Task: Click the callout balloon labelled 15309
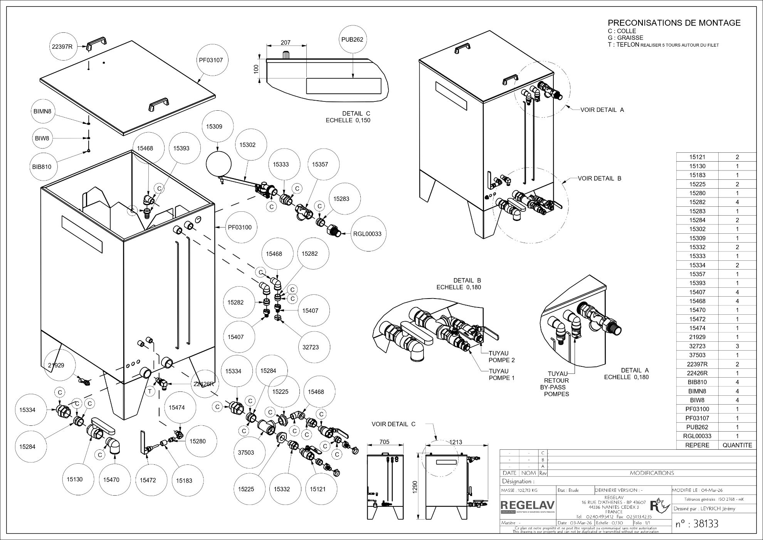click(x=214, y=127)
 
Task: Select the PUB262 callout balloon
click(x=352, y=39)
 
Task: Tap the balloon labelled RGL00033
click(x=367, y=234)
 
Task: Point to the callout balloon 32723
click(x=311, y=347)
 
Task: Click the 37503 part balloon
click(x=245, y=452)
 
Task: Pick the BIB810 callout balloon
click(x=42, y=167)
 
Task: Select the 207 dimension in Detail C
click(x=286, y=43)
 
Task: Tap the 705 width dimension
click(x=384, y=442)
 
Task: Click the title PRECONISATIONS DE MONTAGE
click(x=674, y=23)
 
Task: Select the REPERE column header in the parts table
click(x=697, y=445)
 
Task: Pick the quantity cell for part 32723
click(x=737, y=346)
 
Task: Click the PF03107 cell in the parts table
click(x=697, y=418)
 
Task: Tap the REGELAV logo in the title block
click(x=528, y=505)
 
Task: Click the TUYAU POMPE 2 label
click(x=501, y=357)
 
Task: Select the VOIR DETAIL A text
click(x=602, y=110)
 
